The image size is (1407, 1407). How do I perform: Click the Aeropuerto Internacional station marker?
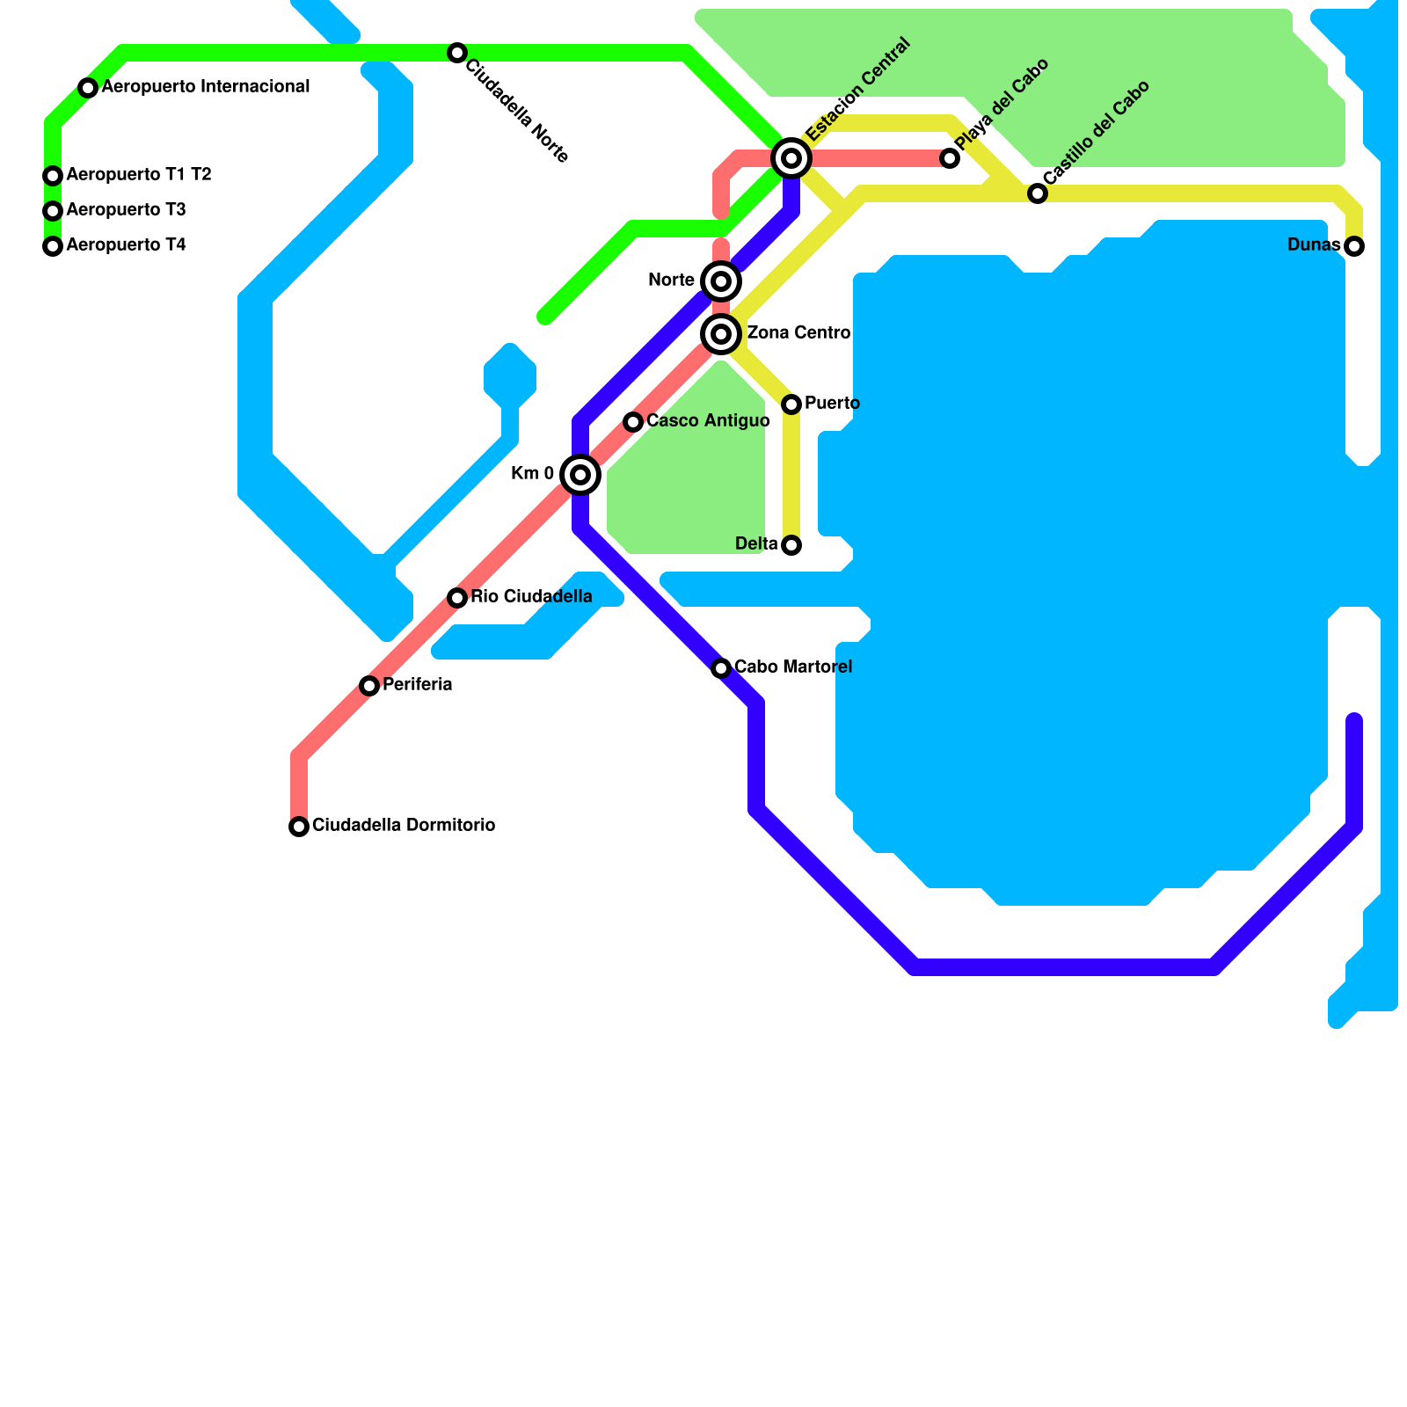(x=88, y=88)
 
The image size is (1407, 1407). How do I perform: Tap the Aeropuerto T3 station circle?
(x=53, y=211)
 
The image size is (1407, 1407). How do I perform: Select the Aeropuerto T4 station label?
(x=126, y=245)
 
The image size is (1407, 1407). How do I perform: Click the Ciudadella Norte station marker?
(x=456, y=53)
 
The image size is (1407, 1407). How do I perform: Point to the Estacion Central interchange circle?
(x=791, y=158)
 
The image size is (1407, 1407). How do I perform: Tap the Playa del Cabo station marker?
(x=950, y=158)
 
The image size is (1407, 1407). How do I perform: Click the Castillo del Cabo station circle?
(x=1038, y=193)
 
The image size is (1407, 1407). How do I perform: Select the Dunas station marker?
(x=1354, y=246)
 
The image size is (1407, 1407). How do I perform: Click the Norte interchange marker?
(x=721, y=281)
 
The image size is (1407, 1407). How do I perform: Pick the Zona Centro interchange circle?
(x=721, y=334)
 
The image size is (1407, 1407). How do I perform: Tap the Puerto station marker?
(x=791, y=405)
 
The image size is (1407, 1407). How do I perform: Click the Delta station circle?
(x=791, y=545)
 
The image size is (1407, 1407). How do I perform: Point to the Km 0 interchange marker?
(x=580, y=475)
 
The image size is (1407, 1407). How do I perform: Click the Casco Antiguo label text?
(x=708, y=421)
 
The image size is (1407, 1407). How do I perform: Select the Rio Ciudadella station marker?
(x=457, y=598)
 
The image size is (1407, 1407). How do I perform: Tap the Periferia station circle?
(x=369, y=686)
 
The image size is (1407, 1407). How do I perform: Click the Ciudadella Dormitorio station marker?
(x=299, y=827)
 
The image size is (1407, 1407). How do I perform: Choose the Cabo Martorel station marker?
(x=721, y=668)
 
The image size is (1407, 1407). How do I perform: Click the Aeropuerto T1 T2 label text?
(x=139, y=175)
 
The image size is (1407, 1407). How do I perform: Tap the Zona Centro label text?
(x=798, y=333)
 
